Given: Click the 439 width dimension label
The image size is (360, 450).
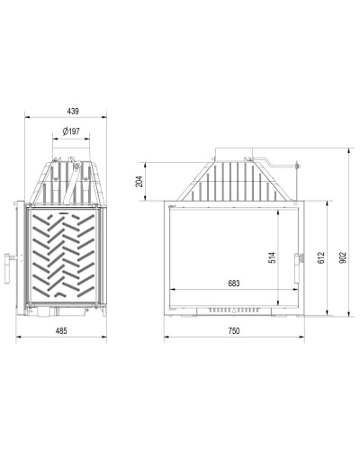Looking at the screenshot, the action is click(x=73, y=111).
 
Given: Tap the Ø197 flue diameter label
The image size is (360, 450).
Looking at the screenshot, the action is click(x=71, y=131).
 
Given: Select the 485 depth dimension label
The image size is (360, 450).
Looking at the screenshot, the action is click(x=61, y=331).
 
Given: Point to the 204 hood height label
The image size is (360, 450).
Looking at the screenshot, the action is click(x=139, y=181).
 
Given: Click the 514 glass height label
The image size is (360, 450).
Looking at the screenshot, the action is click(x=272, y=257).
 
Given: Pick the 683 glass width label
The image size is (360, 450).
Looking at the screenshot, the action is click(x=234, y=283).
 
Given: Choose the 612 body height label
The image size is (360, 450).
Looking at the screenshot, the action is click(x=321, y=257).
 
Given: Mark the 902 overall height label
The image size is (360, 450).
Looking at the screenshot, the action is click(x=343, y=257).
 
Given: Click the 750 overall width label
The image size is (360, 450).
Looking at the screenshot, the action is click(x=234, y=331).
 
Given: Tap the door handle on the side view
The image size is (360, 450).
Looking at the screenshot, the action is click(x=8, y=268).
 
